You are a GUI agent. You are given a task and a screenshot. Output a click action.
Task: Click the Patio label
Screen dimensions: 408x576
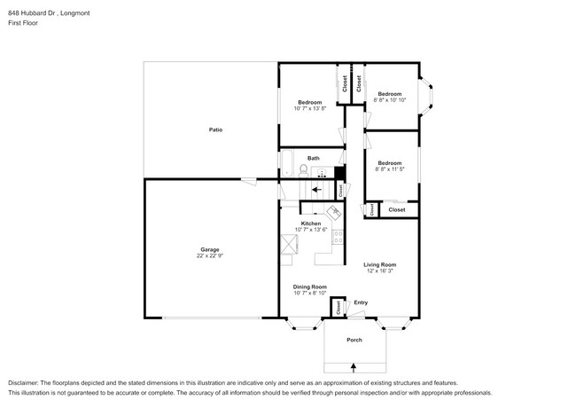tap(215, 129)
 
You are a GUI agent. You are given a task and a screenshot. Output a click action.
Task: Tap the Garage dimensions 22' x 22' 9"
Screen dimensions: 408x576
tap(210, 255)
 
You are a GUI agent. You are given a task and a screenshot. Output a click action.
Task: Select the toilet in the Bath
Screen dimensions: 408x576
tap(303, 170)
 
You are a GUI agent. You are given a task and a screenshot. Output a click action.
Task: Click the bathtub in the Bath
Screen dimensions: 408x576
tap(288, 164)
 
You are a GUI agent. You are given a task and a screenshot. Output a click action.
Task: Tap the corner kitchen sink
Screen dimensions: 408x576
tap(334, 213)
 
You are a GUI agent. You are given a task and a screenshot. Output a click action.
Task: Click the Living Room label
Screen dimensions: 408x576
tap(380, 264)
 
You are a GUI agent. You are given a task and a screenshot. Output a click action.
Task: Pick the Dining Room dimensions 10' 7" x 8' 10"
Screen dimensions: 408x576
tap(310, 293)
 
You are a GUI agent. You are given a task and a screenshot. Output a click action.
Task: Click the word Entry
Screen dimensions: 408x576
tap(361, 302)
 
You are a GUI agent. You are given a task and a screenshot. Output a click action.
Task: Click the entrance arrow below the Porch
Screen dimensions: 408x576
tap(354, 365)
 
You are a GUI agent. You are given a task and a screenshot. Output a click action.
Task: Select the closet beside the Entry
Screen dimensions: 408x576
tap(338, 307)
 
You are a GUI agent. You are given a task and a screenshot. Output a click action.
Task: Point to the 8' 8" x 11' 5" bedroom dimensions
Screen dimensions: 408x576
tap(390, 169)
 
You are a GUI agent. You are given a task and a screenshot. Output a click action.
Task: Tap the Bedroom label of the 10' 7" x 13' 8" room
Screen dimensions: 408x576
tap(309, 103)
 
